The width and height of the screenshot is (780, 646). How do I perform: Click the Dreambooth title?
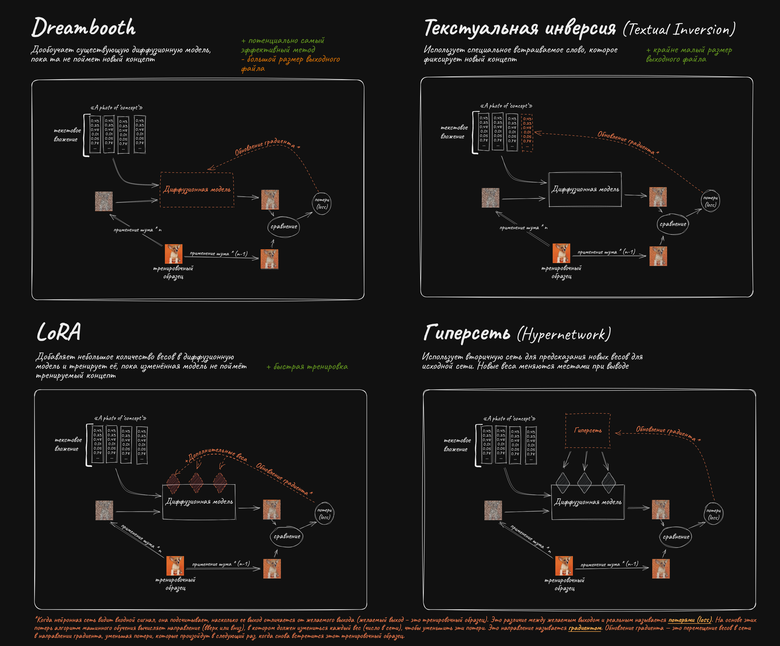[84, 28]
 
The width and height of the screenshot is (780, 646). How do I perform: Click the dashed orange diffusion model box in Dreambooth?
[197, 190]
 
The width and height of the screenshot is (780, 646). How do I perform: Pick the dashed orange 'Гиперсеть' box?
[588, 430]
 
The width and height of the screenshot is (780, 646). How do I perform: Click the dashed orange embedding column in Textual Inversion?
[527, 133]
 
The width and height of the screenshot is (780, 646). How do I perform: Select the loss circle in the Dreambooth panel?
[322, 203]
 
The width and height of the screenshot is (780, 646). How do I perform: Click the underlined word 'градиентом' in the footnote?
[585, 628]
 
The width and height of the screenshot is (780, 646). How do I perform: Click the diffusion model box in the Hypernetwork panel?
[588, 502]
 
